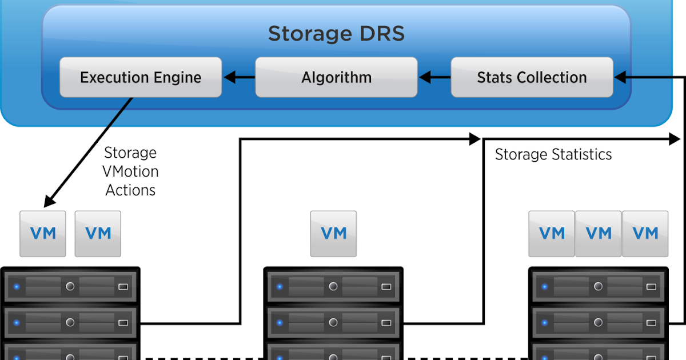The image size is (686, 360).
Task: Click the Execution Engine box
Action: click(x=141, y=77)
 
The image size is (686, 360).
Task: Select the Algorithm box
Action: click(x=336, y=77)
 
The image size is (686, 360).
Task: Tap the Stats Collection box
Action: click(x=532, y=77)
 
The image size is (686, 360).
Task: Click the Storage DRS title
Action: click(x=336, y=34)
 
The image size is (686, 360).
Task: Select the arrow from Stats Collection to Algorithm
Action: click(x=434, y=77)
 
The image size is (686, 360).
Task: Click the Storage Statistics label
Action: click(x=553, y=154)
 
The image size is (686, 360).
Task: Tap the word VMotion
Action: click(x=130, y=171)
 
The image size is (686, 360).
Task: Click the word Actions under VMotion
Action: click(x=130, y=190)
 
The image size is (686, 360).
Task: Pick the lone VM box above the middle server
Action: click(x=333, y=233)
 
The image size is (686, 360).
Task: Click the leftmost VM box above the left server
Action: click(x=43, y=233)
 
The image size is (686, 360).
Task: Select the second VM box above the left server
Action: click(x=98, y=233)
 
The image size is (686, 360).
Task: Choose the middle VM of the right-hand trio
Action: click(x=599, y=233)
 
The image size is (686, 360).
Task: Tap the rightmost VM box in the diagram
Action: click(x=645, y=233)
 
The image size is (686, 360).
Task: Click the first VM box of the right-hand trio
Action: click(x=552, y=233)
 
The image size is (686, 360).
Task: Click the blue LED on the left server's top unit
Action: click(x=17, y=286)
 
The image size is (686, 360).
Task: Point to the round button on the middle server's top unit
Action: click(x=334, y=286)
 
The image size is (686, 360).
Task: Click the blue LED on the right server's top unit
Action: click(x=545, y=286)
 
